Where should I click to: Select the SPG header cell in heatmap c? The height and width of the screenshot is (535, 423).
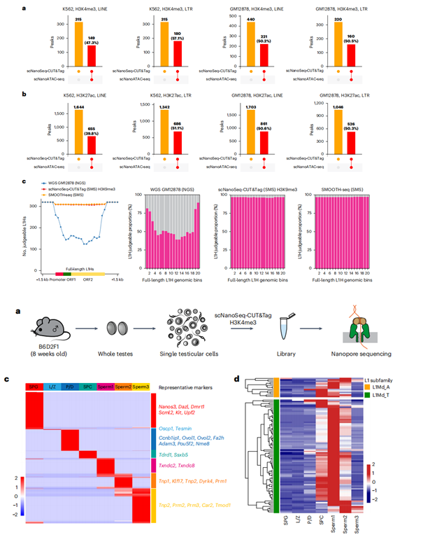click(x=35, y=387)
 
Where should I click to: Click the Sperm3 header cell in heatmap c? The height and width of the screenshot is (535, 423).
click(x=141, y=387)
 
